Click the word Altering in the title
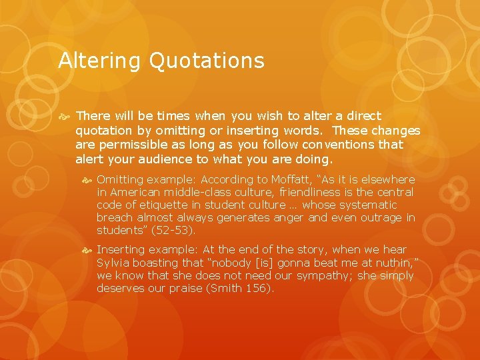(99, 61)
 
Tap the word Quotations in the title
(207, 61)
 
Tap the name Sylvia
(114, 263)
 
